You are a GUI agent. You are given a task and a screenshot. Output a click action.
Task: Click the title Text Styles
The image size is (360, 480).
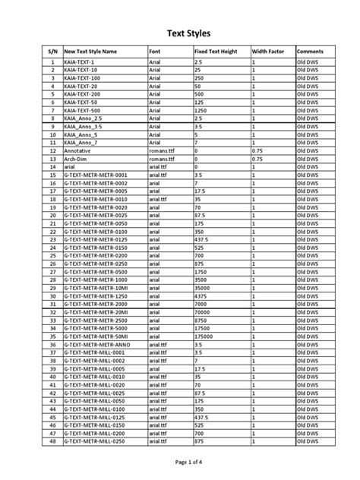click(x=179, y=33)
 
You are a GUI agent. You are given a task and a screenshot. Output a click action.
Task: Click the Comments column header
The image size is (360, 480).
click(x=310, y=51)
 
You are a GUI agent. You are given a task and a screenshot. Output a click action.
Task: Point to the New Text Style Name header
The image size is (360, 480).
click(x=91, y=51)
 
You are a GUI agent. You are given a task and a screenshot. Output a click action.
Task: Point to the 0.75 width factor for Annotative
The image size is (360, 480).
click(x=257, y=151)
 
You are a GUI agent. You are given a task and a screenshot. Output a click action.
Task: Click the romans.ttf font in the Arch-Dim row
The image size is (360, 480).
click(x=162, y=159)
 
